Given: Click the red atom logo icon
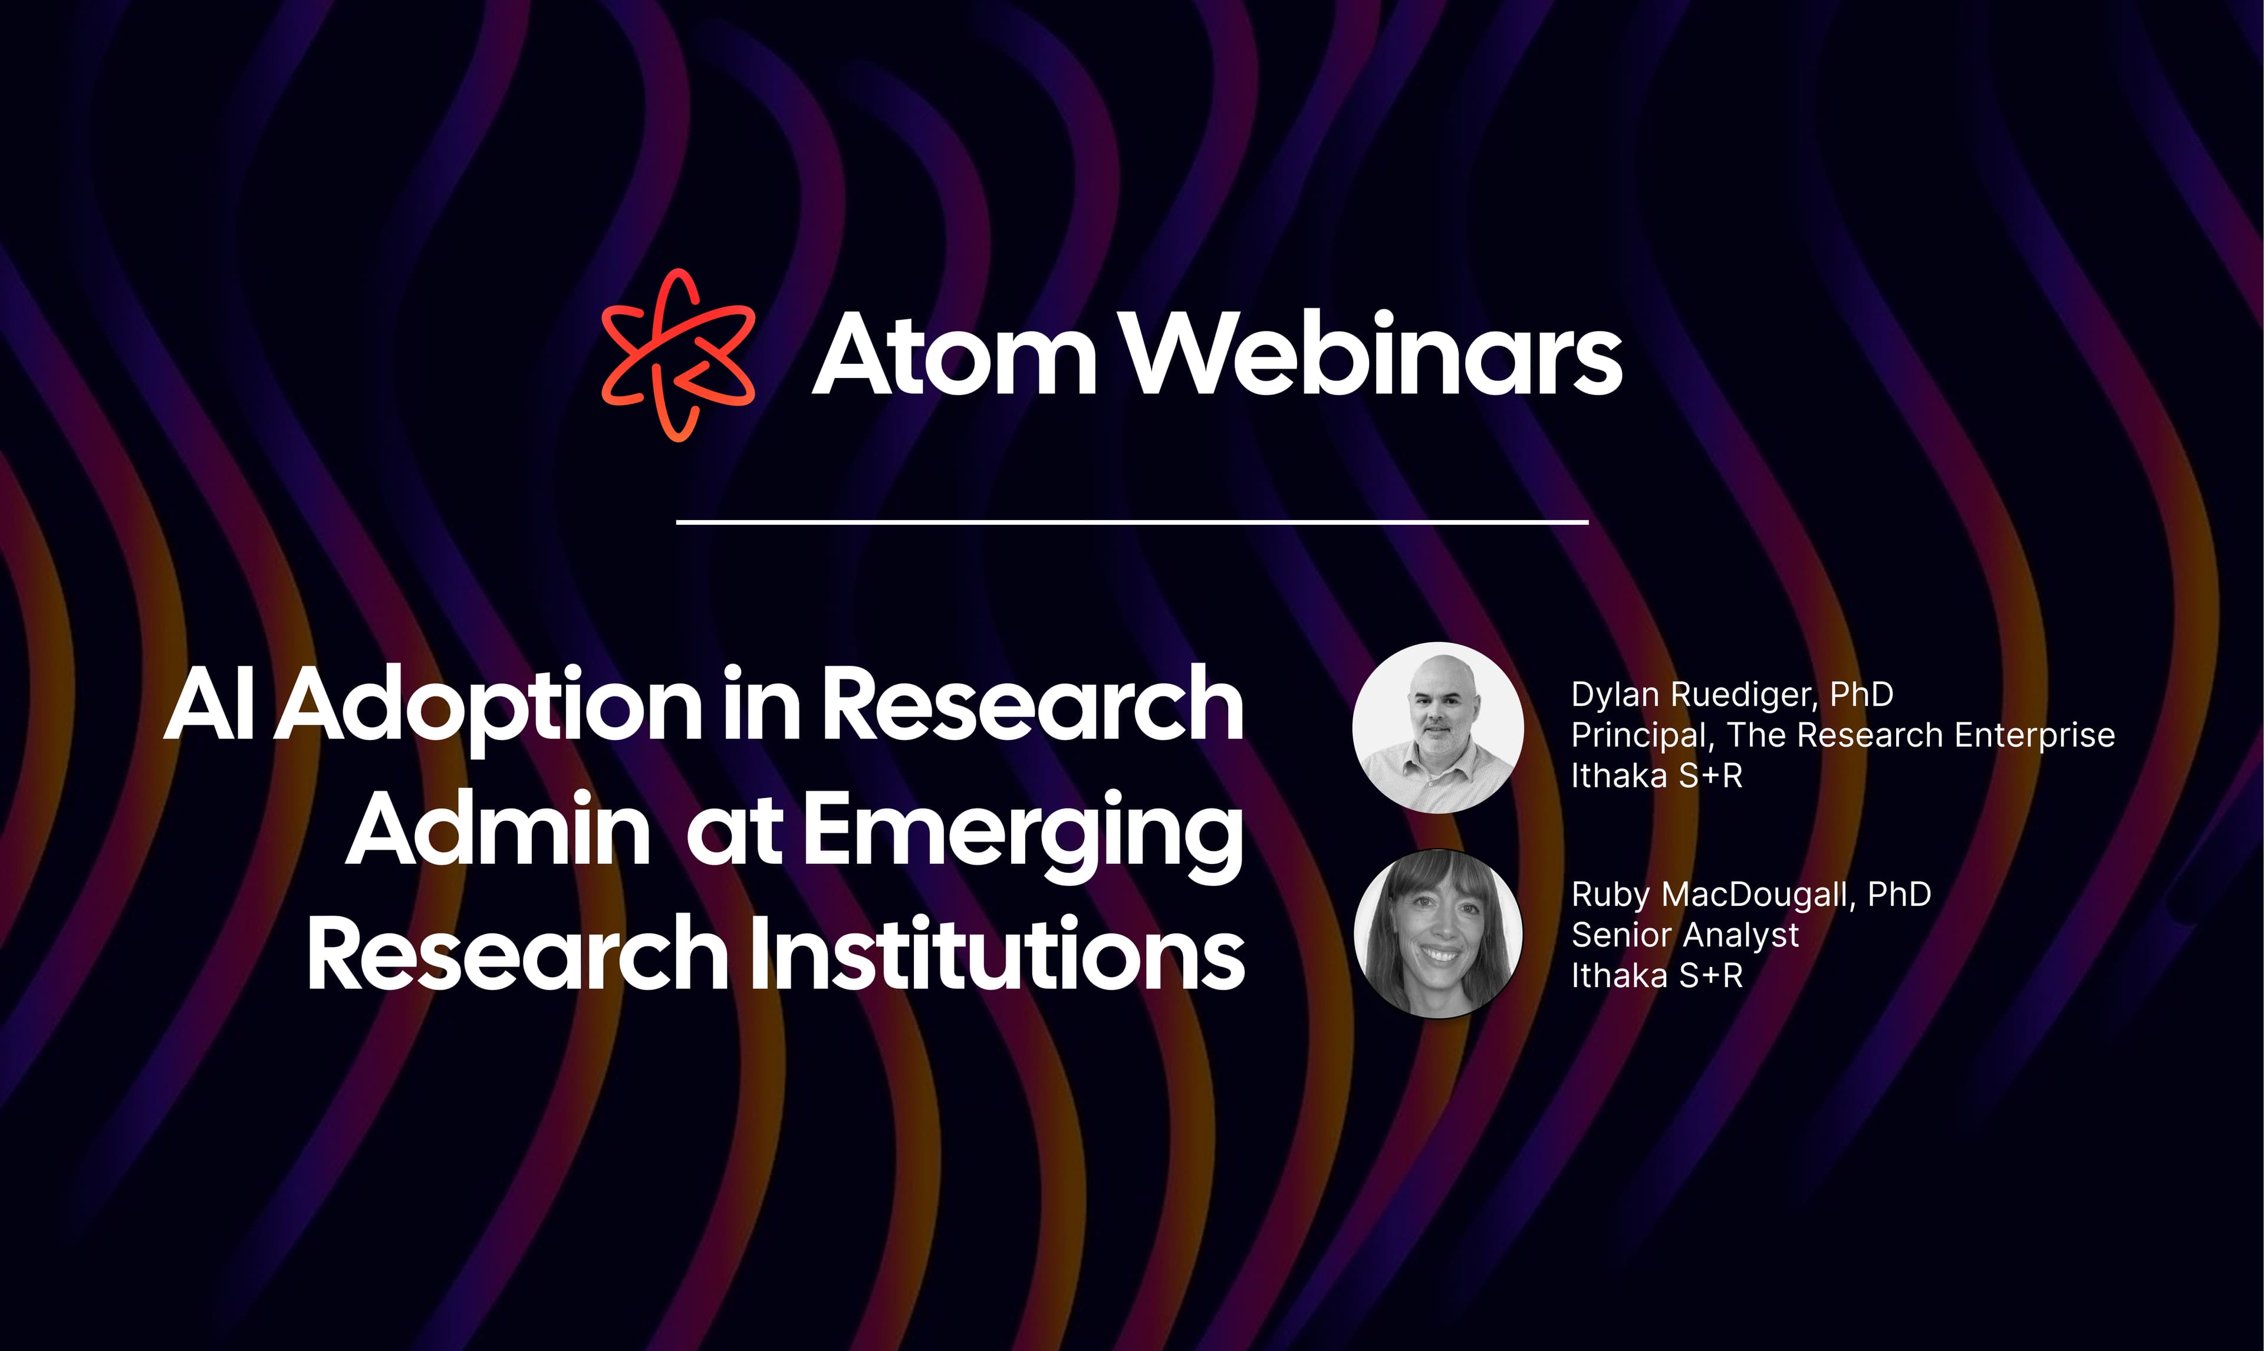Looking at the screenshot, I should coord(678,355).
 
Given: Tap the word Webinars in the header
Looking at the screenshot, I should coord(1374,355).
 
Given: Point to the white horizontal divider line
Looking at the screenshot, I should coord(1132,522).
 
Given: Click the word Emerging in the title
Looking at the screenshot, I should coord(1023,833).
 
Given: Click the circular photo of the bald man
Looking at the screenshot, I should coord(1438,727).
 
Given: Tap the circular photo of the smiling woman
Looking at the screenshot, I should coord(1438,933).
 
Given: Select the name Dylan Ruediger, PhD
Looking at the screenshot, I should coord(1732,695).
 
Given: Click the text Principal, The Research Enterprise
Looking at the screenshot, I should coord(1842,735).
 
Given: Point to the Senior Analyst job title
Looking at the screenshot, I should coord(1685,935).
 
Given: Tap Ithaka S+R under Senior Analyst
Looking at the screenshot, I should coord(1656,976).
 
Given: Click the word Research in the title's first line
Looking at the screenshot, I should coord(1033,705).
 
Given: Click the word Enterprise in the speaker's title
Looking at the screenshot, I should coord(2035,735).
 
